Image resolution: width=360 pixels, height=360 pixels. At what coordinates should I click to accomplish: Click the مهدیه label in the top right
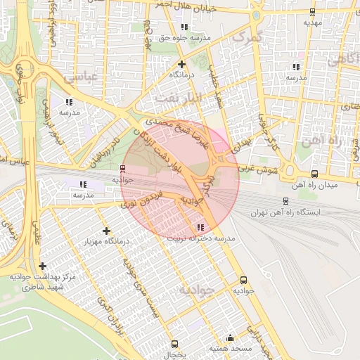(312, 22)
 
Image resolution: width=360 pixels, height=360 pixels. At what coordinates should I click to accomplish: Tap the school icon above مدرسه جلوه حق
(184, 27)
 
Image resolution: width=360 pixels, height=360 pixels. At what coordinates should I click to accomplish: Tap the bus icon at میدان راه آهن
(314, 174)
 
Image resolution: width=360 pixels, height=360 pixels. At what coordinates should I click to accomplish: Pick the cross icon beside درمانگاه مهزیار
(106, 231)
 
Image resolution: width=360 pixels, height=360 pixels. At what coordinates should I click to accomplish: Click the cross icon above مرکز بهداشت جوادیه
(44, 266)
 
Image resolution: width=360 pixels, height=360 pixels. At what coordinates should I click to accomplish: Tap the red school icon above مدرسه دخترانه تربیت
(200, 227)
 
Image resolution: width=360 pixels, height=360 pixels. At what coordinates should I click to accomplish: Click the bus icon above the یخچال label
(174, 344)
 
